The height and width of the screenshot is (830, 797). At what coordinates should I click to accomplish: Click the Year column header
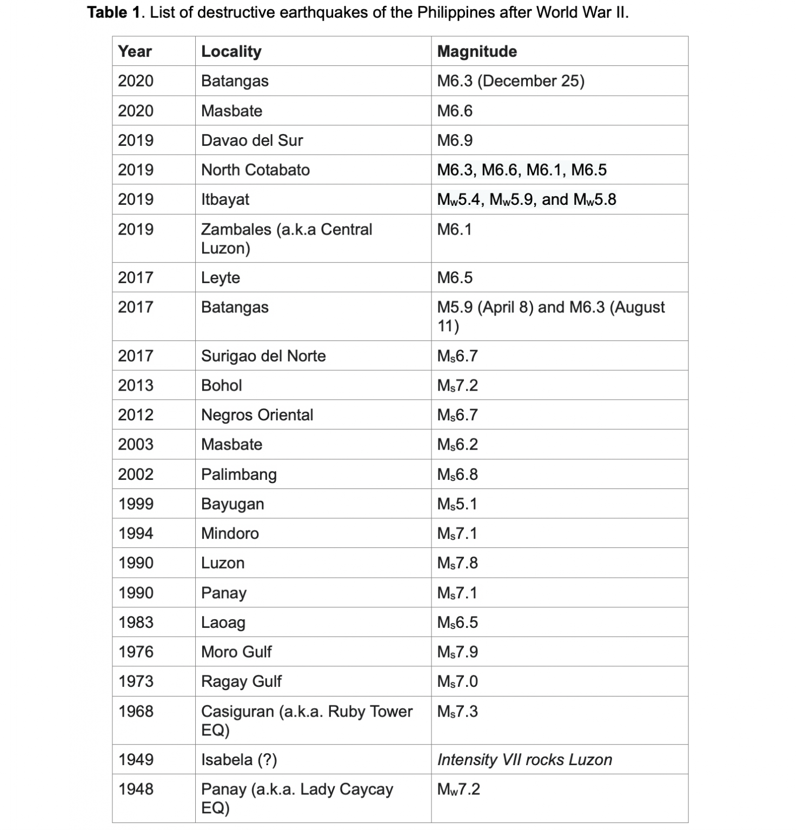pyautogui.click(x=135, y=51)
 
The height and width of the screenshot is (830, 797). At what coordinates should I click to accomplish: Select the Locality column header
pyautogui.click(x=231, y=51)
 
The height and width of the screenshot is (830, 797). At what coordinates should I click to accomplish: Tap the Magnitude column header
pyautogui.click(x=476, y=51)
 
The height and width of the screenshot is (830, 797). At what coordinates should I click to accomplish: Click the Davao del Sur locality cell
pyautogui.click(x=251, y=140)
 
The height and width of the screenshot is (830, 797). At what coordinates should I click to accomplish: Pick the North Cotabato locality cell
pyautogui.click(x=255, y=170)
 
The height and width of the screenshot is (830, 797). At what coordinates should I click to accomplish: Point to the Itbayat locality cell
pyautogui.click(x=225, y=199)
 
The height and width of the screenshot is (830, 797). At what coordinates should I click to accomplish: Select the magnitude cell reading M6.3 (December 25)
pyautogui.click(x=510, y=81)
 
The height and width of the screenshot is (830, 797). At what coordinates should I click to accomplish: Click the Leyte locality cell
pyautogui.click(x=220, y=278)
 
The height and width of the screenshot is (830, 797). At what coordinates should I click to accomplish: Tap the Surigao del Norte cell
pyautogui.click(x=263, y=356)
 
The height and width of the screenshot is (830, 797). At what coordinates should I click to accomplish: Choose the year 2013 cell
pyautogui.click(x=136, y=385)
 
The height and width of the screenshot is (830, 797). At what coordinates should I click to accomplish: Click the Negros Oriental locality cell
pyautogui.click(x=257, y=415)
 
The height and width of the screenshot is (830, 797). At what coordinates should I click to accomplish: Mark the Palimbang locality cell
pyautogui.click(x=238, y=474)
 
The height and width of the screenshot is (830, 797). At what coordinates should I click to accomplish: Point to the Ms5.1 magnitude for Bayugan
pyautogui.click(x=457, y=504)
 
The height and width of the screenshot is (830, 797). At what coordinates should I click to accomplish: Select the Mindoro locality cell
pyautogui.click(x=230, y=533)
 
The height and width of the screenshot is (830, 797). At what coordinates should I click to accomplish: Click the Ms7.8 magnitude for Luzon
pyautogui.click(x=457, y=563)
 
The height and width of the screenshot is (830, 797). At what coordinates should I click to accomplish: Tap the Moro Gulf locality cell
pyautogui.click(x=236, y=652)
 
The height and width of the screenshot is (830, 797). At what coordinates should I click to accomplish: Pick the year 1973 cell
pyautogui.click(x=136, y=681)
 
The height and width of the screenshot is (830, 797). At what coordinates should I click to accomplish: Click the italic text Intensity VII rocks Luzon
pyautogui.click(x=524, y=760)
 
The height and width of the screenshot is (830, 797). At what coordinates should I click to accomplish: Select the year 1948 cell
pyautogui.click(x=136, y=789)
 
